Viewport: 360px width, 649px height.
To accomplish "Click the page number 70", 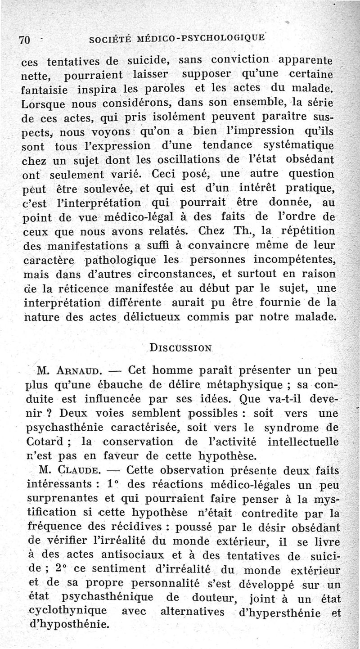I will tap(24, 39).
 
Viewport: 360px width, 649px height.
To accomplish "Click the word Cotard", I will tap(48, 442).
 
